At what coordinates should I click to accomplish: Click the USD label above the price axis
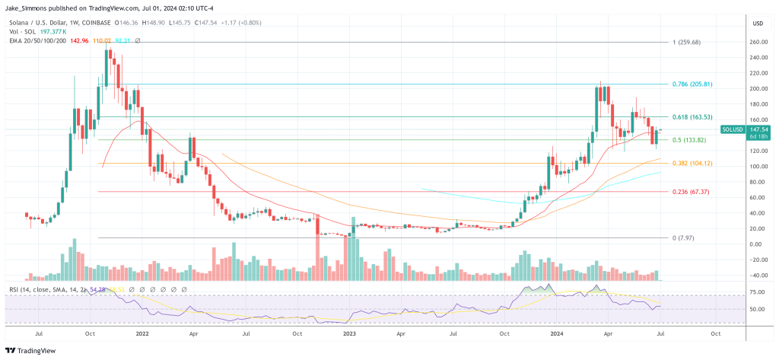[x=757, y=23]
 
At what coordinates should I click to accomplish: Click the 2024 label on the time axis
[x=556, y=333]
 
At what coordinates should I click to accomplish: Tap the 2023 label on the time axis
[x=349, y=333]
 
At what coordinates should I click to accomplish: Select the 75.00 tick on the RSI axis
[x=758, y=292]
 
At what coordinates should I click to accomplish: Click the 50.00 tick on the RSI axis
[x=758, y=310]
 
